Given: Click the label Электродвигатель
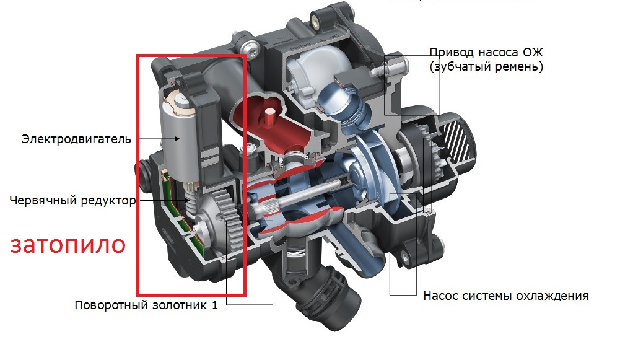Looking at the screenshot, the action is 76,139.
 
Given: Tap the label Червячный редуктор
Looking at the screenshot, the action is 72,200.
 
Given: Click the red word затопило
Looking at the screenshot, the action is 68,244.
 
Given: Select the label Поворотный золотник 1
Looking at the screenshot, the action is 146,305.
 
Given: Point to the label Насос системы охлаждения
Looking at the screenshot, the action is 505,296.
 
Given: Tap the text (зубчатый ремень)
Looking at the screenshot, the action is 486,67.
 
